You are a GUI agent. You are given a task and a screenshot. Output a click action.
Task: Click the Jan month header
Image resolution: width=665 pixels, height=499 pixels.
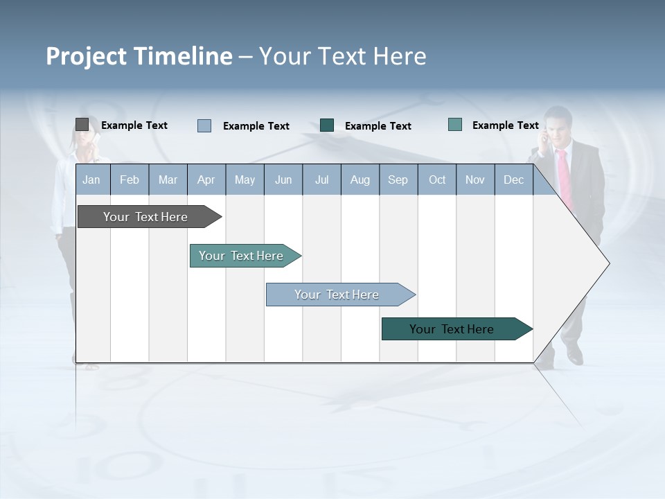click(92, 180)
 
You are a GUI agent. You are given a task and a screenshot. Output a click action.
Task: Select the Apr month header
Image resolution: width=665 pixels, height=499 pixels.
click(206, 180)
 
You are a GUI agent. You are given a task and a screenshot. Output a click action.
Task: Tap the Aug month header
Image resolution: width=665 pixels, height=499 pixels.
click(360, 180)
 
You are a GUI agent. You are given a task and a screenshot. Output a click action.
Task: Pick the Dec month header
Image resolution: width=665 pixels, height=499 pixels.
click(513, 180)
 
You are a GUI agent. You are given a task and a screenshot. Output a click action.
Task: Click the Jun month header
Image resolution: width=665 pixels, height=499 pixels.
click(283, 180)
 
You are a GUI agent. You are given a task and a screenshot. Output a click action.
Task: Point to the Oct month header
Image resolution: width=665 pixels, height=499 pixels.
click(436, 180)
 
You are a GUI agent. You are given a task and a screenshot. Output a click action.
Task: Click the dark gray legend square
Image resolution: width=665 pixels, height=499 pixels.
click(82, 125)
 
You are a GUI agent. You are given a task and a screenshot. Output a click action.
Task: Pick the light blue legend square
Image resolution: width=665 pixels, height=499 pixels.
click(204, 125)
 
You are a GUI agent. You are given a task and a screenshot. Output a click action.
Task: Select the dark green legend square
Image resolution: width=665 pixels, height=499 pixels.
click(327, 125)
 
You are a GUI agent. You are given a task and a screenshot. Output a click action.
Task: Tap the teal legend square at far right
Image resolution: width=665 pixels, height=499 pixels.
click(454, 125)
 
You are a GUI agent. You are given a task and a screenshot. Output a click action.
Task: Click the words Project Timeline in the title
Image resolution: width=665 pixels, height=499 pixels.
click(139, 56)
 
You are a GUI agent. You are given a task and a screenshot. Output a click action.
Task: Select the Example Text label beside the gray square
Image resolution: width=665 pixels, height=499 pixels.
click(134, 125)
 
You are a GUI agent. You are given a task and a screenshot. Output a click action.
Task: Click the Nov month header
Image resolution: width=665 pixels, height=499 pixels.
click(475, 180)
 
